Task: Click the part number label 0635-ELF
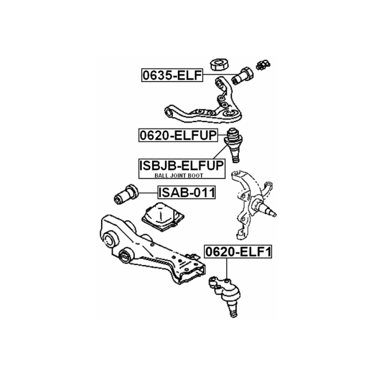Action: coord(172,76)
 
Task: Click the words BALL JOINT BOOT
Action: coord(179,175)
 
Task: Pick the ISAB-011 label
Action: coord(187,192)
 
